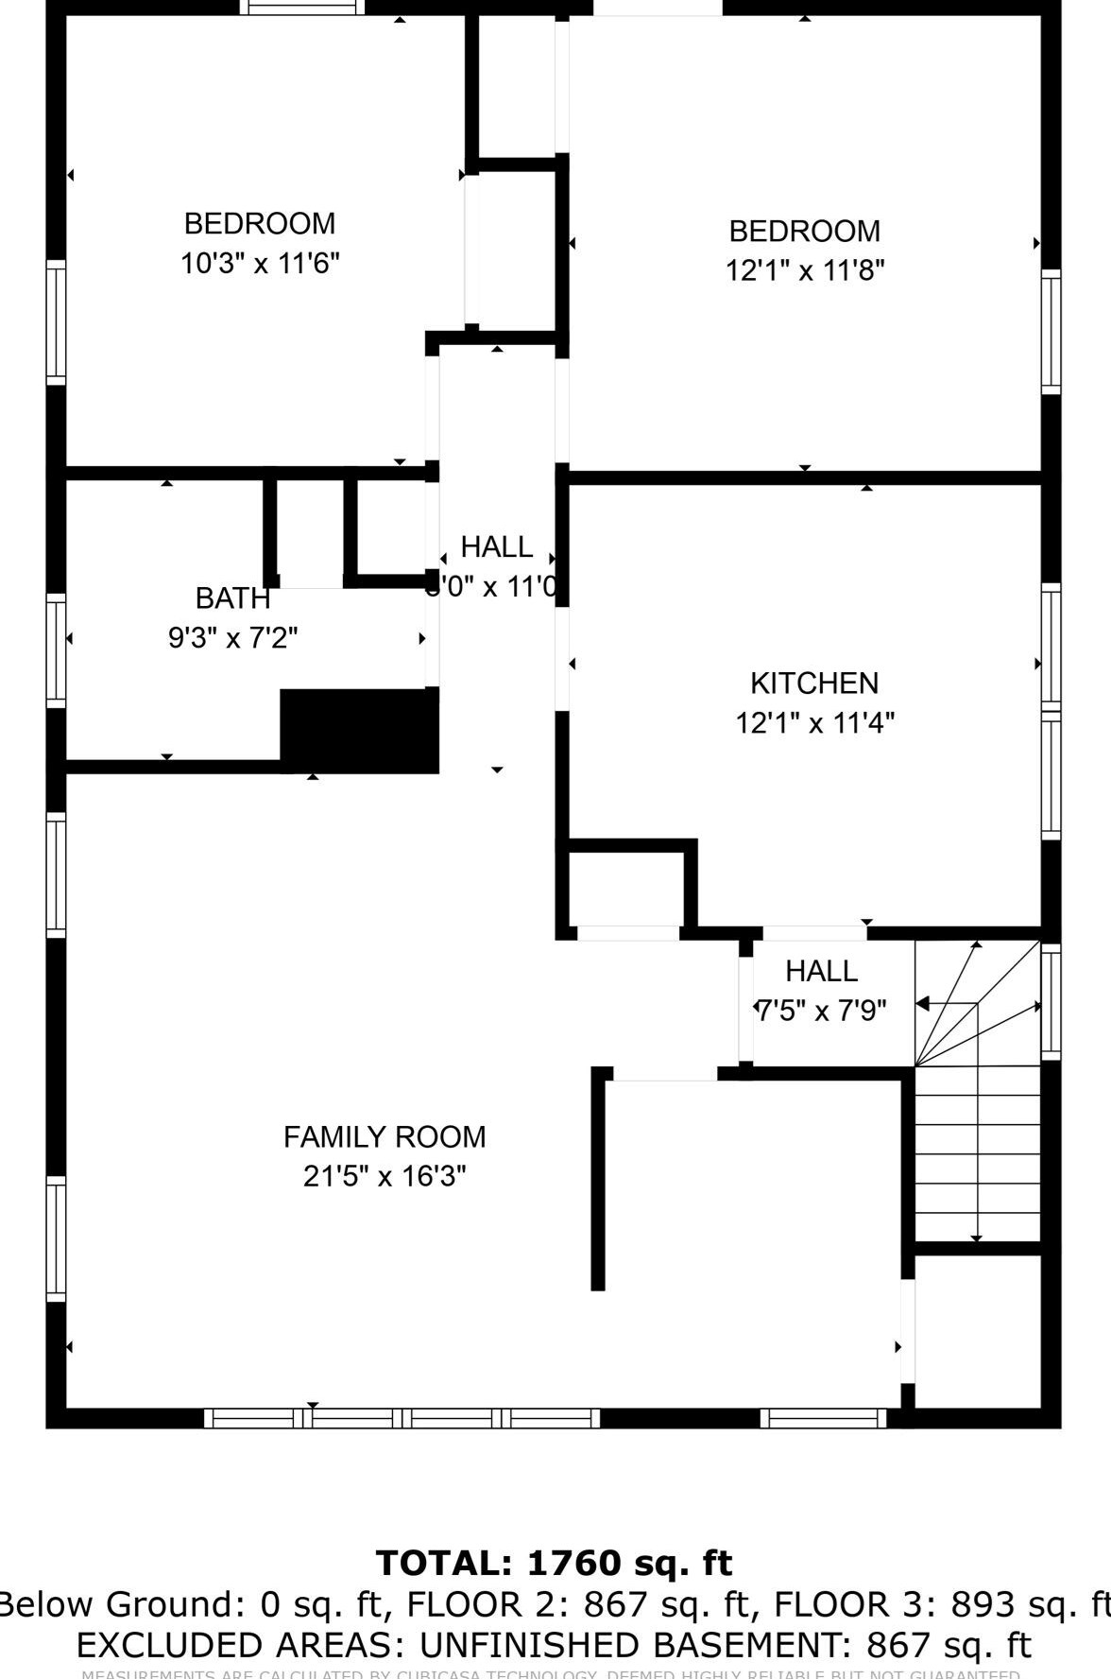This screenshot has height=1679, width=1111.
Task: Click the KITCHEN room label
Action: (813, 683)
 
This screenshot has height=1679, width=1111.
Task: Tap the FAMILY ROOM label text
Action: (385, 1136)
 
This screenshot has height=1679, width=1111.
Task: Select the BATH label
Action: (232, 598)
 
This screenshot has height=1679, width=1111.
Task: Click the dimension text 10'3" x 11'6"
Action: (260, 263)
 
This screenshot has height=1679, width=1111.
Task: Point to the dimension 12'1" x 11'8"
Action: (804, 270)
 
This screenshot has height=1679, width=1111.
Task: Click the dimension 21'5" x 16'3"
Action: (385, 1176)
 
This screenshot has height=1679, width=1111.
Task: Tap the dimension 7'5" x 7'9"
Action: (821, 1011)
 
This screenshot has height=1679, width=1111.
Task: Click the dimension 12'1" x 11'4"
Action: (814, 722)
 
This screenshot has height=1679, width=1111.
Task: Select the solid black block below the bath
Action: (359, 731)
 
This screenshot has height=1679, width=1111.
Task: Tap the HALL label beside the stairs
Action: (821, 971)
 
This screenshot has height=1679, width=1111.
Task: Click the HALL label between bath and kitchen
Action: (497, 546)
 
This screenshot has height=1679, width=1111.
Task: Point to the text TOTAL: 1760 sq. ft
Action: (555, 1563)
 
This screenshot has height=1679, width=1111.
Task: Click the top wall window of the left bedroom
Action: (301, 8)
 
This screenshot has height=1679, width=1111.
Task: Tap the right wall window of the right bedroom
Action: (1051, 331)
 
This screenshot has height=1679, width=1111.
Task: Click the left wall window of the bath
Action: (57, 650)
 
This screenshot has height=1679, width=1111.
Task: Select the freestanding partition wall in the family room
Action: (598, 1180)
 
